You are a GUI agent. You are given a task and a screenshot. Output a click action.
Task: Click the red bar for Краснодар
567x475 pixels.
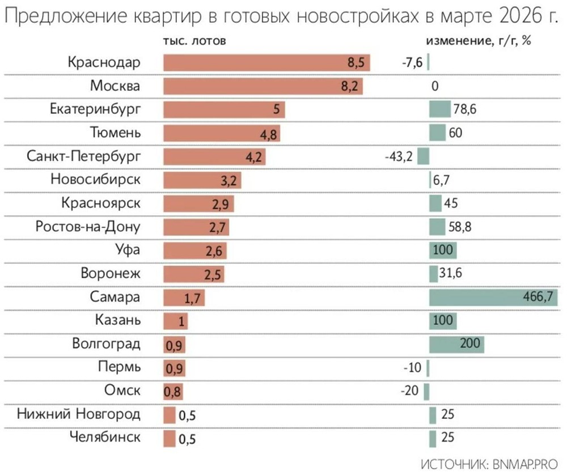click(x=266, y=63)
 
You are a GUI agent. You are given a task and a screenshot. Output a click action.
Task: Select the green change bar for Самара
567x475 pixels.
click(x=493, y=297)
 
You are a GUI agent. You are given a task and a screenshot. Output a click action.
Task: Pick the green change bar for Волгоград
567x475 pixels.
click(x=456, y=343)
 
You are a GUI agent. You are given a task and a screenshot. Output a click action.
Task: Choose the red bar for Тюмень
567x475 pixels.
click(x=222, y=133)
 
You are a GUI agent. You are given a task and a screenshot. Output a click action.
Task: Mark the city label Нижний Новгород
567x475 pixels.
click(x=78, y=413)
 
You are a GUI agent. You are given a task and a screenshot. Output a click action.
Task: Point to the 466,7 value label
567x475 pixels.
click(x=541, y=297)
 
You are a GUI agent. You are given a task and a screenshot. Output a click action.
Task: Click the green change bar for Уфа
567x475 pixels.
click(x=443, y=250)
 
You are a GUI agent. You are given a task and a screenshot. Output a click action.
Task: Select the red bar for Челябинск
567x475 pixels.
click(x=170, y=438)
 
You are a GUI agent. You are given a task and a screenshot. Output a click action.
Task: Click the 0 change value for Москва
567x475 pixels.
click(x=435, y=87)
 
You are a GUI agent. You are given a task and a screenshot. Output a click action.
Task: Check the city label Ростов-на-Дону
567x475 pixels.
click(x=87, y=227)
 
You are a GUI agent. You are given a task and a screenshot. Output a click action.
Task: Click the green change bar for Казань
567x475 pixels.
click(x=443, y=320)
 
